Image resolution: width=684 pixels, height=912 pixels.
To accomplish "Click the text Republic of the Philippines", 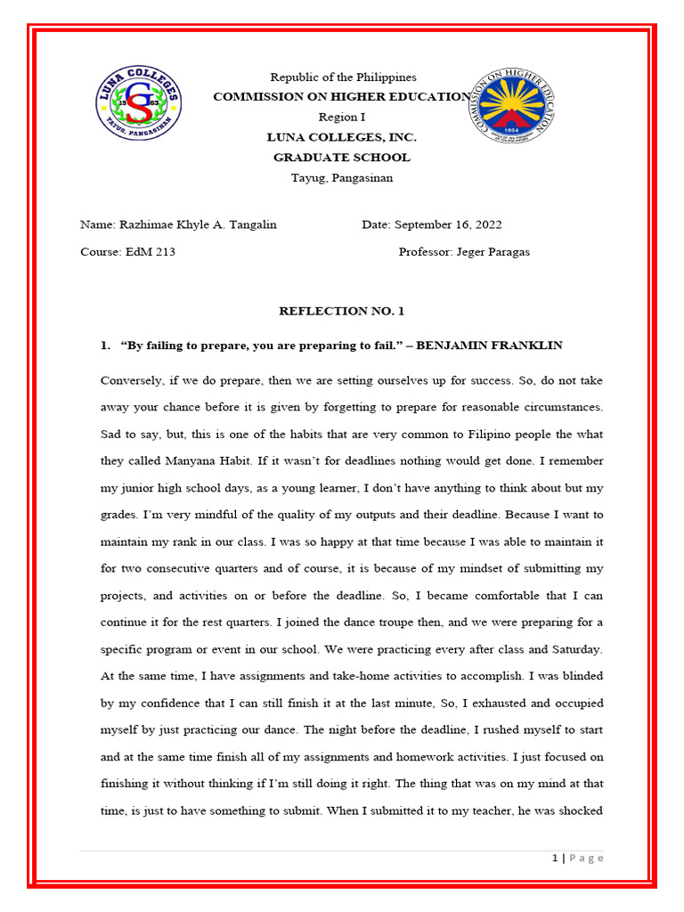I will (343, 77).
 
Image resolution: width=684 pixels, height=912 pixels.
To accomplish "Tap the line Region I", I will (342, 117).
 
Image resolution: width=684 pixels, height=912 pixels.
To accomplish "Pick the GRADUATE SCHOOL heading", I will (342, 157).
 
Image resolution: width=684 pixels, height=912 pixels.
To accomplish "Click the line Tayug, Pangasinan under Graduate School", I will (342, 177).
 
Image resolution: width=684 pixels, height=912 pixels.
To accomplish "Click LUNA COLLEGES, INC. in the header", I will (342, 137).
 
